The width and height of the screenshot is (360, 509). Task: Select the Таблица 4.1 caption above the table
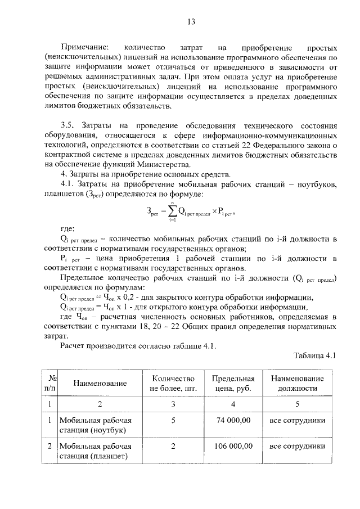[314, 355]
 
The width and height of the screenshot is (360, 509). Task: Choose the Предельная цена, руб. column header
[233, 382]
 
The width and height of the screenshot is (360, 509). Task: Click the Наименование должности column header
[296, 382]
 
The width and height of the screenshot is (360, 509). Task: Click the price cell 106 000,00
[232, 446]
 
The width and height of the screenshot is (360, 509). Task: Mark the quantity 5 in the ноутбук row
[173, 420]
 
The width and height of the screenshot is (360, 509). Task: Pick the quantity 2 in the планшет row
[173, 446]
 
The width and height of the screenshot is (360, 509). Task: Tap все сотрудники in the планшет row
[297, 446]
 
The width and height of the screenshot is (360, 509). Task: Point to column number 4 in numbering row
[233, 403]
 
